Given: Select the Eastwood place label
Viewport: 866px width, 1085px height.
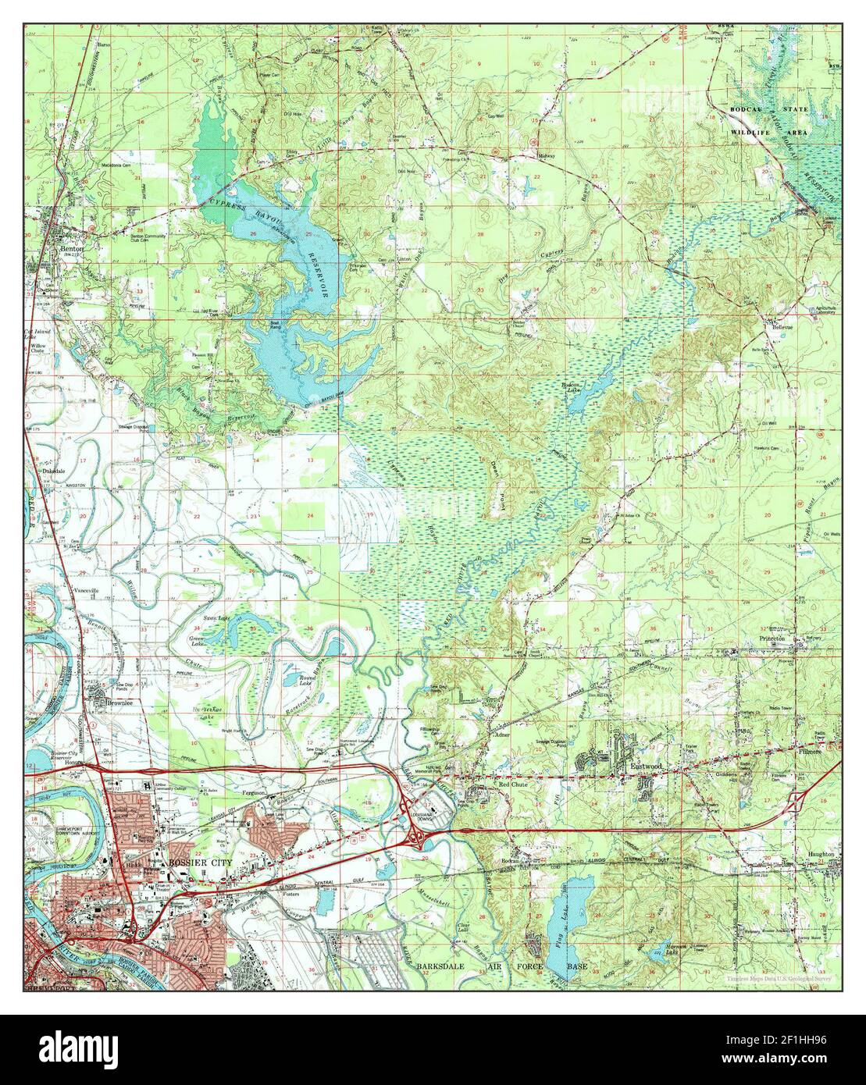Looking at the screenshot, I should click(x=646, y=767).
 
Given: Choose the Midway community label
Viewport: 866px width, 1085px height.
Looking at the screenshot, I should click(x=546, y=157).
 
